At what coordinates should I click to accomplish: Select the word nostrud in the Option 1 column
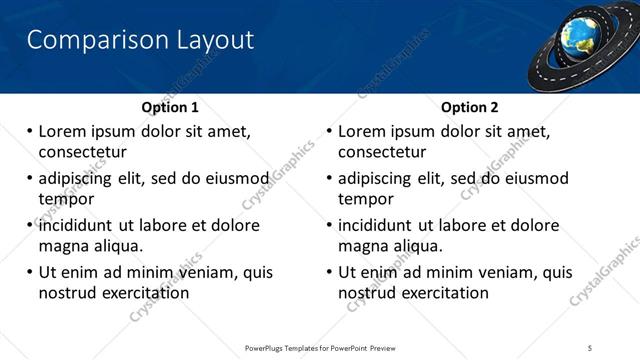point(68,293)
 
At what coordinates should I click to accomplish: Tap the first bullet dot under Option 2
point(329,131)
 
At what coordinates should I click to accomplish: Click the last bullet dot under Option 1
point(29,272)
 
